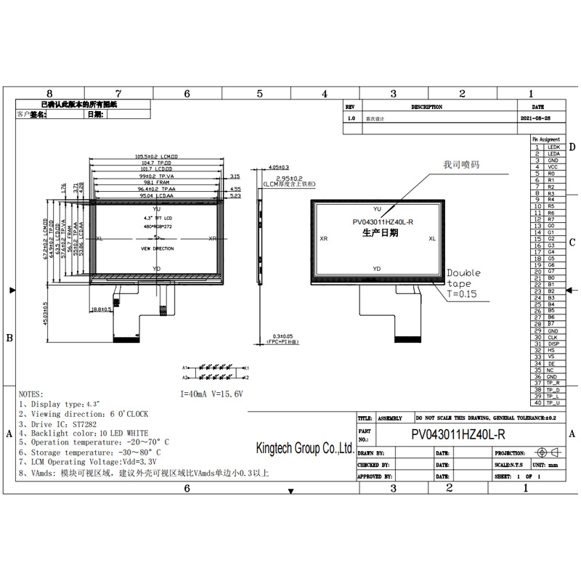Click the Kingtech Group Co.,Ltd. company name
tap(306, 448)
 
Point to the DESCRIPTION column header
tap(426, 107)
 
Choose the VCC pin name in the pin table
tap(552, 167)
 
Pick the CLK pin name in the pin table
tap(552, 337)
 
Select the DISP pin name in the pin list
tap(553, 344)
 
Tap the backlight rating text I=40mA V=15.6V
tap(211, 393)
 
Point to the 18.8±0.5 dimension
tap(100, 310)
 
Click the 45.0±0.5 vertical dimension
tap(46, 313)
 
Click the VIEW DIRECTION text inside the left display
tap(157, 248)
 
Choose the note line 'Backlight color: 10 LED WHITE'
tap(89, 433)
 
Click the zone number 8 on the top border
tap(49, 94)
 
